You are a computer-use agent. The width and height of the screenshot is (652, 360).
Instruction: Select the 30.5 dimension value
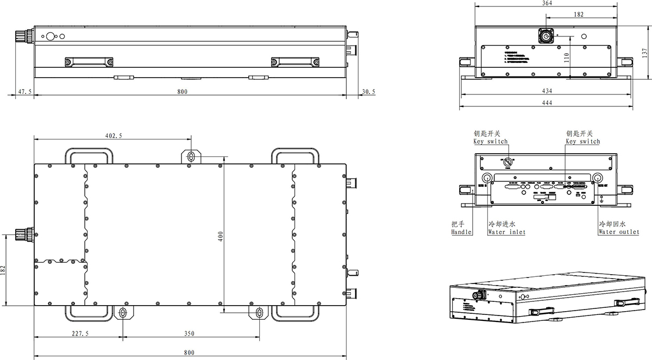pos(368,92)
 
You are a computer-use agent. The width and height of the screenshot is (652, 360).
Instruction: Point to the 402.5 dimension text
pos(113,135)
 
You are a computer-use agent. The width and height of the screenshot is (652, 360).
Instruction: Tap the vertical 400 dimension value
pos(221,237)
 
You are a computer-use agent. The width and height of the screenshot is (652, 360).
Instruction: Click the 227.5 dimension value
pos(80,333)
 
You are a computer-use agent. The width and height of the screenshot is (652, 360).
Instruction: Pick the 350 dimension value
pos(189,333)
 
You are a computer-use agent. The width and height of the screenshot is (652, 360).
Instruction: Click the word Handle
pos(461,232)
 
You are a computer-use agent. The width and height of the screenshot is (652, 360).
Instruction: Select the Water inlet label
pos(506,232)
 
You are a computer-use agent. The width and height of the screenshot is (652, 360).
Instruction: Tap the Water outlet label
pos(618,232)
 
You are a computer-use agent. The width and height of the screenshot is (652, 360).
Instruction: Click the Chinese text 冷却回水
pos(612,224)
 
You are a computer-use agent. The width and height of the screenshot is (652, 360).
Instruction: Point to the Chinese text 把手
pos(458,224)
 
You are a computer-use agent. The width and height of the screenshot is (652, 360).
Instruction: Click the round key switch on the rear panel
pos(507,162)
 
